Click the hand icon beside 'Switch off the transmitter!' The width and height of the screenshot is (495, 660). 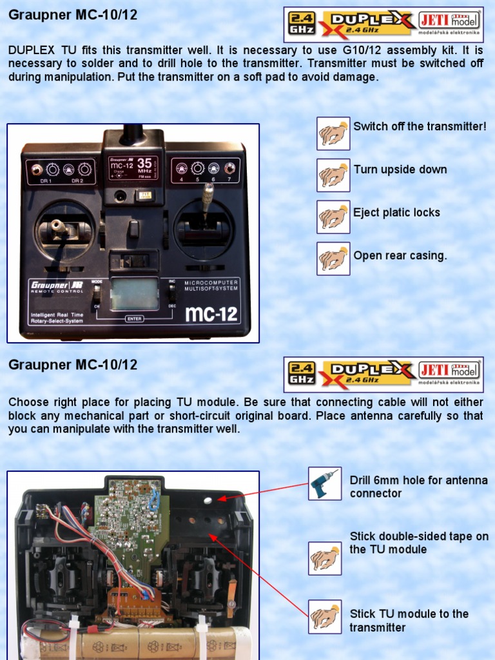[333, 133]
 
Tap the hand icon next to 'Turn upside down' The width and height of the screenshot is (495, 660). [333, 175]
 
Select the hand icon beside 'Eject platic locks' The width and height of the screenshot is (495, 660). [333, 217]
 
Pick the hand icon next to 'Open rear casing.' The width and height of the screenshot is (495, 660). [333, 259]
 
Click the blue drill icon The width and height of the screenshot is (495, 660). [324, 483]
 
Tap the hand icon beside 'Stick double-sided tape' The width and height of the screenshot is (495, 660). [324, 558]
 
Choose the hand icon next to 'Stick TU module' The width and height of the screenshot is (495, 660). [324, 617]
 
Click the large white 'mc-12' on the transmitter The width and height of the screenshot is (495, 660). [211, 315]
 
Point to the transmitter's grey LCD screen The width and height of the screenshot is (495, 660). [134, 294]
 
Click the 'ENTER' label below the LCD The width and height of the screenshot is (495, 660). [134, 318]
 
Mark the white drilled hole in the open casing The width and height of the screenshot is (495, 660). [208, 500]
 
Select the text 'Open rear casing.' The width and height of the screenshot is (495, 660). [400, 256]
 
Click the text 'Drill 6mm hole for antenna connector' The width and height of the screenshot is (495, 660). [418, 487]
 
